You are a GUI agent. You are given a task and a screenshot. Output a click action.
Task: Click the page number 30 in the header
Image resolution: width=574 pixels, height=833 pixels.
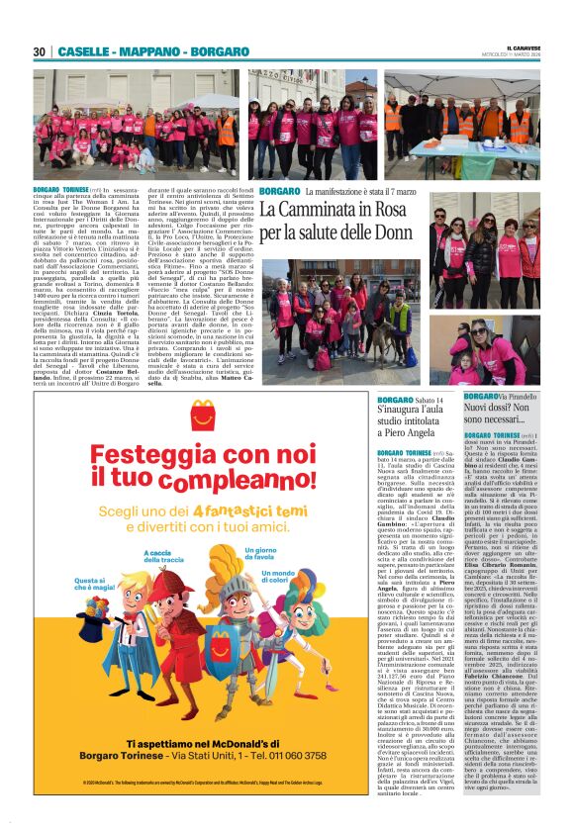pos(40,51)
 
